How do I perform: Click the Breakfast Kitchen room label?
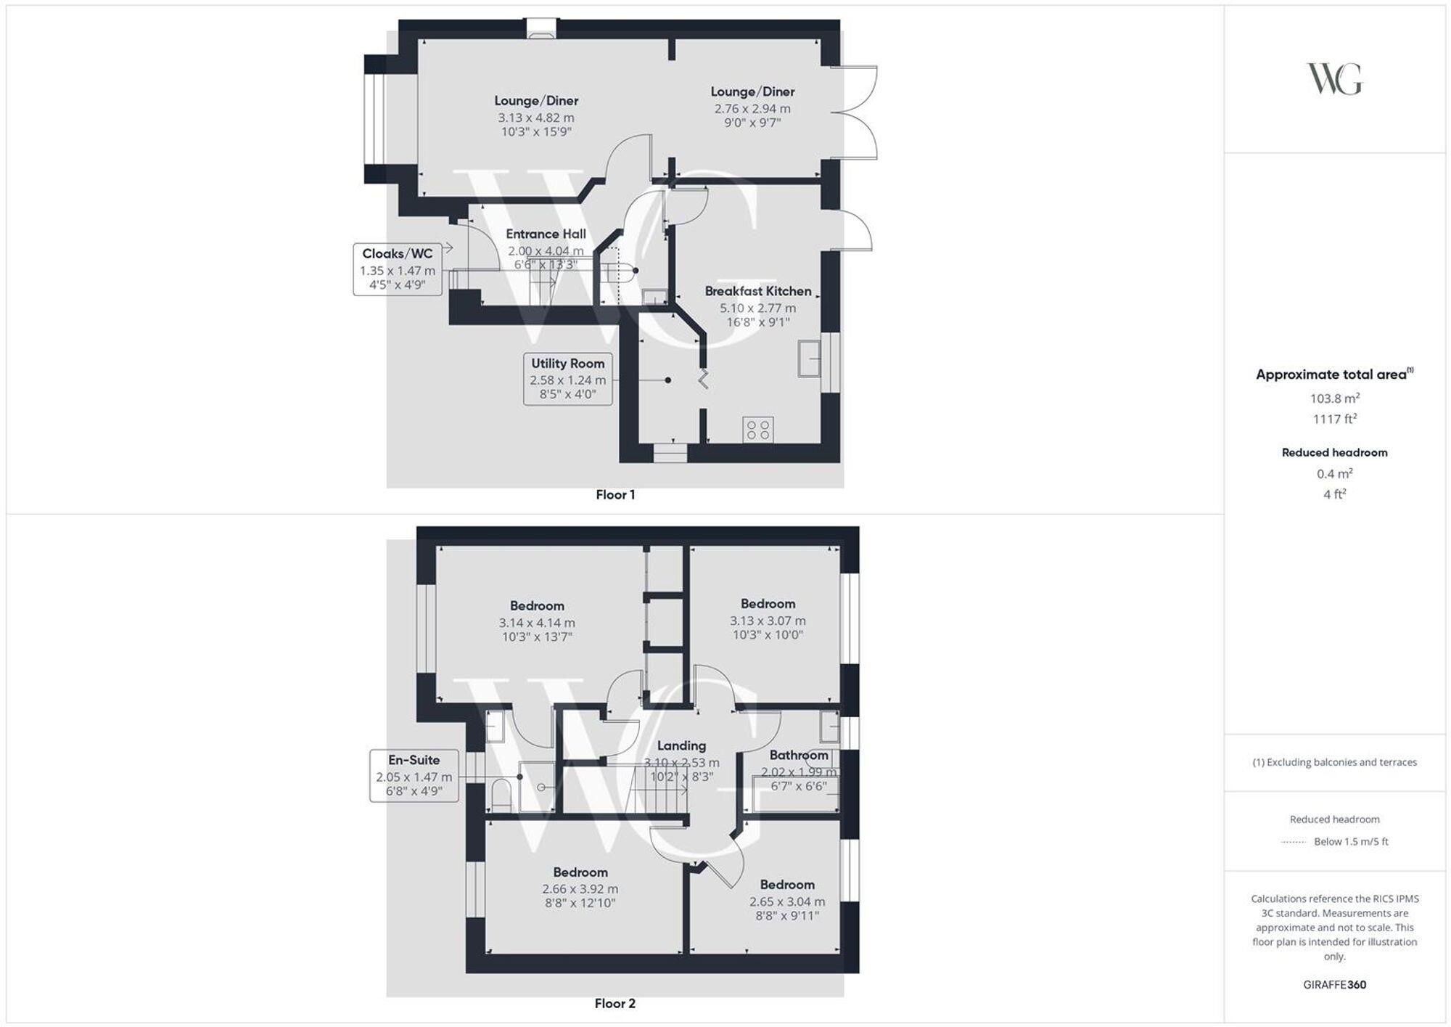(758, 291)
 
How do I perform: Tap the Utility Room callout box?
(567, 378)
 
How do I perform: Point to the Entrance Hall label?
(546, 234)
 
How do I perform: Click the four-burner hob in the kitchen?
(758, 430)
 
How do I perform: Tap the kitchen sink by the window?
(808, 358)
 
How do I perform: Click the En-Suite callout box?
(414, 775)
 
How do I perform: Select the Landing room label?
(681, 745)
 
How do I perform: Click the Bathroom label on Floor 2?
(798, 755)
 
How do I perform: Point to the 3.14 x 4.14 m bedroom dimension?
(537, 623)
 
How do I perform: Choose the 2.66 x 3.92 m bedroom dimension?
(580, 889)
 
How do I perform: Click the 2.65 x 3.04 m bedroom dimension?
(787, 901)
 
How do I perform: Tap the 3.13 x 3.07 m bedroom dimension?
(768, 621)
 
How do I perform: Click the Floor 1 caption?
(615, 495)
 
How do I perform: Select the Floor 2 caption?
(615, 1004)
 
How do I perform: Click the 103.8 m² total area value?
(1334, 398)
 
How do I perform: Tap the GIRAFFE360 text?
(1334, 985)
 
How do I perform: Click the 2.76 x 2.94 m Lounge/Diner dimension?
(752, 109)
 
